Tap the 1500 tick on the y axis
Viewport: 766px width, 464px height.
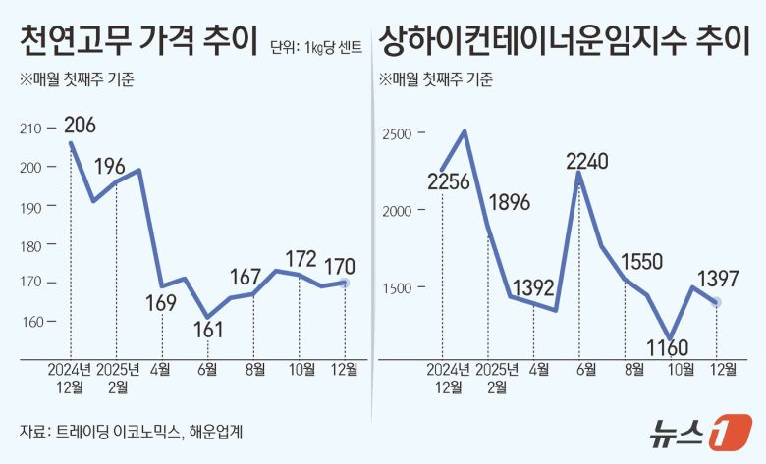pos(402,287)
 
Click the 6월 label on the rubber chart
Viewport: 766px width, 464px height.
pos(208,370)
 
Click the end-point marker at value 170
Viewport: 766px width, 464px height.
pos(344,283)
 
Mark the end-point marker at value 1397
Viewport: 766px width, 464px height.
pos(717,302)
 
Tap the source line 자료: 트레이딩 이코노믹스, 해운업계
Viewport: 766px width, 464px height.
pos(131,431)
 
